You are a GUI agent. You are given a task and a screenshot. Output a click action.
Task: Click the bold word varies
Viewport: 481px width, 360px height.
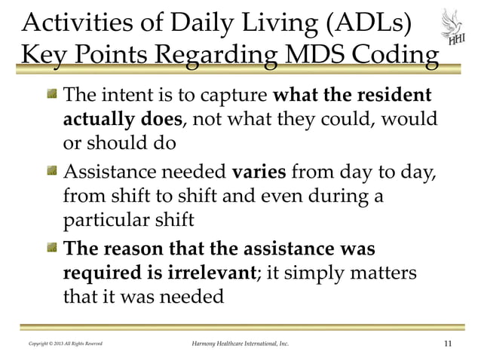[x=259, y=172]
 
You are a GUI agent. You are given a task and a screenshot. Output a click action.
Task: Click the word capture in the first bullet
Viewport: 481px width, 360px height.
[x=229, y=96]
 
